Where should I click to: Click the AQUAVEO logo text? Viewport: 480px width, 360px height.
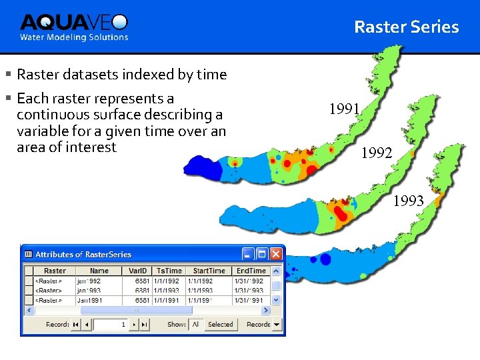pyautogui.click(x=73, y=23)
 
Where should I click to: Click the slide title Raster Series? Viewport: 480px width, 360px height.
pyautogui.click(x=406, y=27)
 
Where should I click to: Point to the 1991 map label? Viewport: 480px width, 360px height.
pyautogui.click(x=345, y=109)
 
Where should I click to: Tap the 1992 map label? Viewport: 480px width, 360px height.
pyautogui.click(x=377, y=153)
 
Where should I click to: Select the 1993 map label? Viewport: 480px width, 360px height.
pyautogui.click(x=408, y=200)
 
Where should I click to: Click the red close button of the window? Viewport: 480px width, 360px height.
pyautogui.click(x=276, y=254)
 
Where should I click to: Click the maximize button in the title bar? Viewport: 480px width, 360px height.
pyautogui.click(x=262, y=254)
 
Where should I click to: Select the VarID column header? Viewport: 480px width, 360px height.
pyautogui.click(x=137, y=271)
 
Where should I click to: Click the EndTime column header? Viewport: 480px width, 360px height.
pyautogui.click(x=251, y=271)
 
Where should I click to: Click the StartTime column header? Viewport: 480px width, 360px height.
pyautogui.click(x=209, y=271)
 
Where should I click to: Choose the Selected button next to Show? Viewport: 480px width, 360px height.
pyautogui.click(x=220, y=325)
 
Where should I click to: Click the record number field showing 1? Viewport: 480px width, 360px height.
pyautogui.click(x=111, y=325)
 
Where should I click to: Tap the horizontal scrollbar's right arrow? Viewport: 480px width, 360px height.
pyautogui.click(x=265, y=311)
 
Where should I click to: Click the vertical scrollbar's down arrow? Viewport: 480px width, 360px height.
pyautogui.click(x=276, y=300)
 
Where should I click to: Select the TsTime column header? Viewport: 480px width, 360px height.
pyautogui.click(x=169, y=271)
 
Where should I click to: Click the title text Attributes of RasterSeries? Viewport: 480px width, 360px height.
pyautogui.click(x=83, y=254)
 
